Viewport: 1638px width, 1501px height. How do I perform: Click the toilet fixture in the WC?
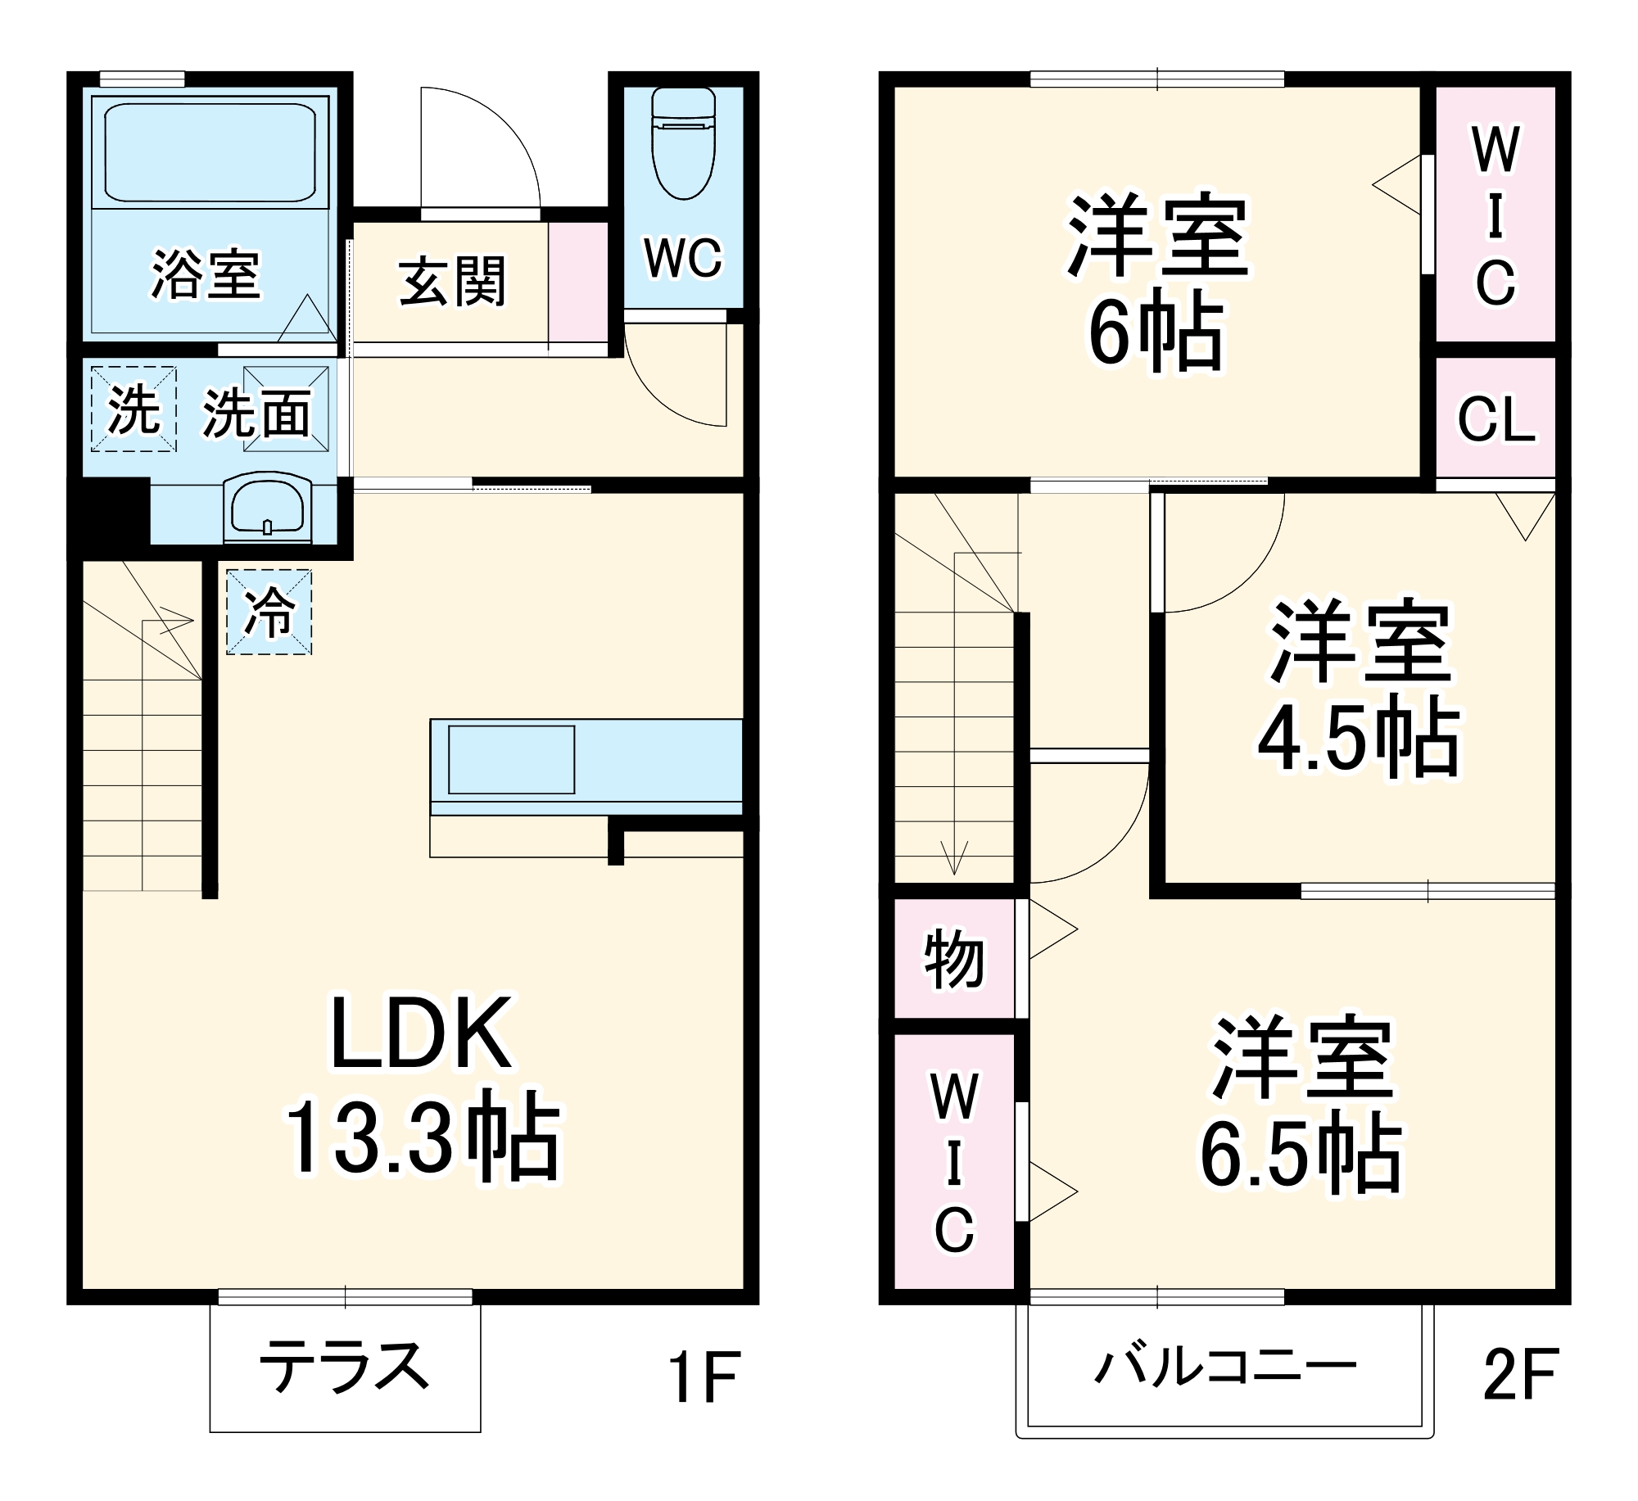[683, 145]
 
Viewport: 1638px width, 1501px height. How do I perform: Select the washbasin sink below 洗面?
[267, 507]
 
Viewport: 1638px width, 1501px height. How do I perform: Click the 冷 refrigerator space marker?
[269, 612]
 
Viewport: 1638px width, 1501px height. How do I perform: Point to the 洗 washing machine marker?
[133, 409]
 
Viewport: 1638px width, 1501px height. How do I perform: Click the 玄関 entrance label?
[452, 282]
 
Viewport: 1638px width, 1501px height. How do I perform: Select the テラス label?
[344, 1367]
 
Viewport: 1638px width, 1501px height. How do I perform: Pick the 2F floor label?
[1520, 1375]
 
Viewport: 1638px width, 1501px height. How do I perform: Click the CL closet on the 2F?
[1495, 419]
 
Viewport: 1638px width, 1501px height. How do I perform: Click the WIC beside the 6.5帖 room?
[954, 1162]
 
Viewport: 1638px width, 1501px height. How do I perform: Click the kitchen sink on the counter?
[511, 759]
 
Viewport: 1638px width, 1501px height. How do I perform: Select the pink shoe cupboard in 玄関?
[578, 282]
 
